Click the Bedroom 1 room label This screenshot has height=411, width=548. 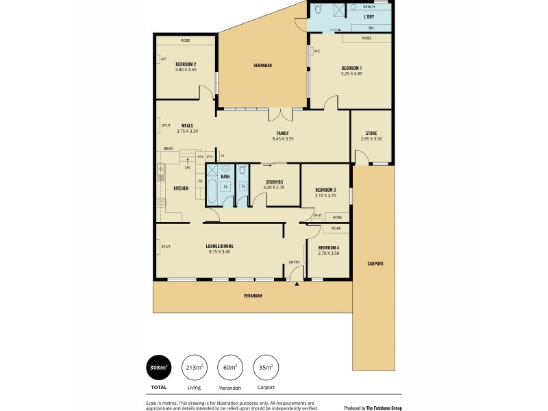tap(351, 68)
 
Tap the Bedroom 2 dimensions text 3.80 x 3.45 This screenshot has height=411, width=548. tap(186, 70)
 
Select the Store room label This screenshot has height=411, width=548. tap(371, 133)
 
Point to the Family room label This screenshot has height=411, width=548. tap(282, 133)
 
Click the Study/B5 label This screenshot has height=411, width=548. tap(274, 182)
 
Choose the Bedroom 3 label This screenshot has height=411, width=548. tap(325, 190)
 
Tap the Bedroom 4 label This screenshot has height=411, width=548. tap(329, 247)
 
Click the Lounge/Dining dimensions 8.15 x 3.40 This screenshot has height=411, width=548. tap(220, 251)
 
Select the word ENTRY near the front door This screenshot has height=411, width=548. tap(295, 262)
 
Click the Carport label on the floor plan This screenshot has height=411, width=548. tap(375, 263)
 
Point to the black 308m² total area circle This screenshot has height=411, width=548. tap(158, 368)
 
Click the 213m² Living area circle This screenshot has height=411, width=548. tap(194, 368)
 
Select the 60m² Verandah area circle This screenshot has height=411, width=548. tap(229, 368)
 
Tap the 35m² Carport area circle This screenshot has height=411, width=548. tap(265, 368)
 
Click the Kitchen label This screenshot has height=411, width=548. tap(181, 188)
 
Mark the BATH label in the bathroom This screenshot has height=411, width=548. tap(225, 176)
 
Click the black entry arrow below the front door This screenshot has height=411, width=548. tap(297, 284)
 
